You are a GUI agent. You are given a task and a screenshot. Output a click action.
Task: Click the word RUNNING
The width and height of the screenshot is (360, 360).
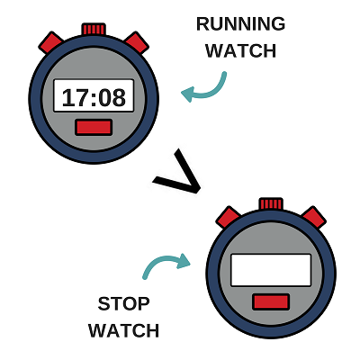240,24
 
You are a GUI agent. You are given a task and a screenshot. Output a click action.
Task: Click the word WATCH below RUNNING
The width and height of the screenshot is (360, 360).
240,50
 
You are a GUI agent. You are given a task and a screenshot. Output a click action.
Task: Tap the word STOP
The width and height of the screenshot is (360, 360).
123,303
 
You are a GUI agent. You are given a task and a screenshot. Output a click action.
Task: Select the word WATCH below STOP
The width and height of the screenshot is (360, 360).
123,330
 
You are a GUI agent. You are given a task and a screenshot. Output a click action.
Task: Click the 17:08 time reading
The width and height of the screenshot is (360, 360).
94,98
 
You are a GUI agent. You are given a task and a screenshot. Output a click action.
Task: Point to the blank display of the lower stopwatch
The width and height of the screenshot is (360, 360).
271,270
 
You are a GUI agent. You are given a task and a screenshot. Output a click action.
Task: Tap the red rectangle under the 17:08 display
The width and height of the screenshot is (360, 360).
94,127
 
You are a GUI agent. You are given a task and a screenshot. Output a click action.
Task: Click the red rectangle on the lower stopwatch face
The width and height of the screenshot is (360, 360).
271,301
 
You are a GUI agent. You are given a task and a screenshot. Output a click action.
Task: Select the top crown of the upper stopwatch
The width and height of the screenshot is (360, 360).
94,30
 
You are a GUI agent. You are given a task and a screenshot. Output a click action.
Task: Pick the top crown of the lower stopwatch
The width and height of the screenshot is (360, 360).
271,204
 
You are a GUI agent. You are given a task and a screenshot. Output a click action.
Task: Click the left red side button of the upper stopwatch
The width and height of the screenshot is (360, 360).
50,42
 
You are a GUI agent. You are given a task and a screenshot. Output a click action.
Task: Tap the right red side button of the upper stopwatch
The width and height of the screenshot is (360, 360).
137,42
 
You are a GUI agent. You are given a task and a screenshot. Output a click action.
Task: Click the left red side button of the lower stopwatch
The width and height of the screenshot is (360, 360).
228,217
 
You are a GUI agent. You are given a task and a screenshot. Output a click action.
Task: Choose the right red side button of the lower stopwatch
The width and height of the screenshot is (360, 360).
314,217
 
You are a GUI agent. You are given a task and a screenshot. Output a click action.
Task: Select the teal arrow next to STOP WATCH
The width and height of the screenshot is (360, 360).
160,260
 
